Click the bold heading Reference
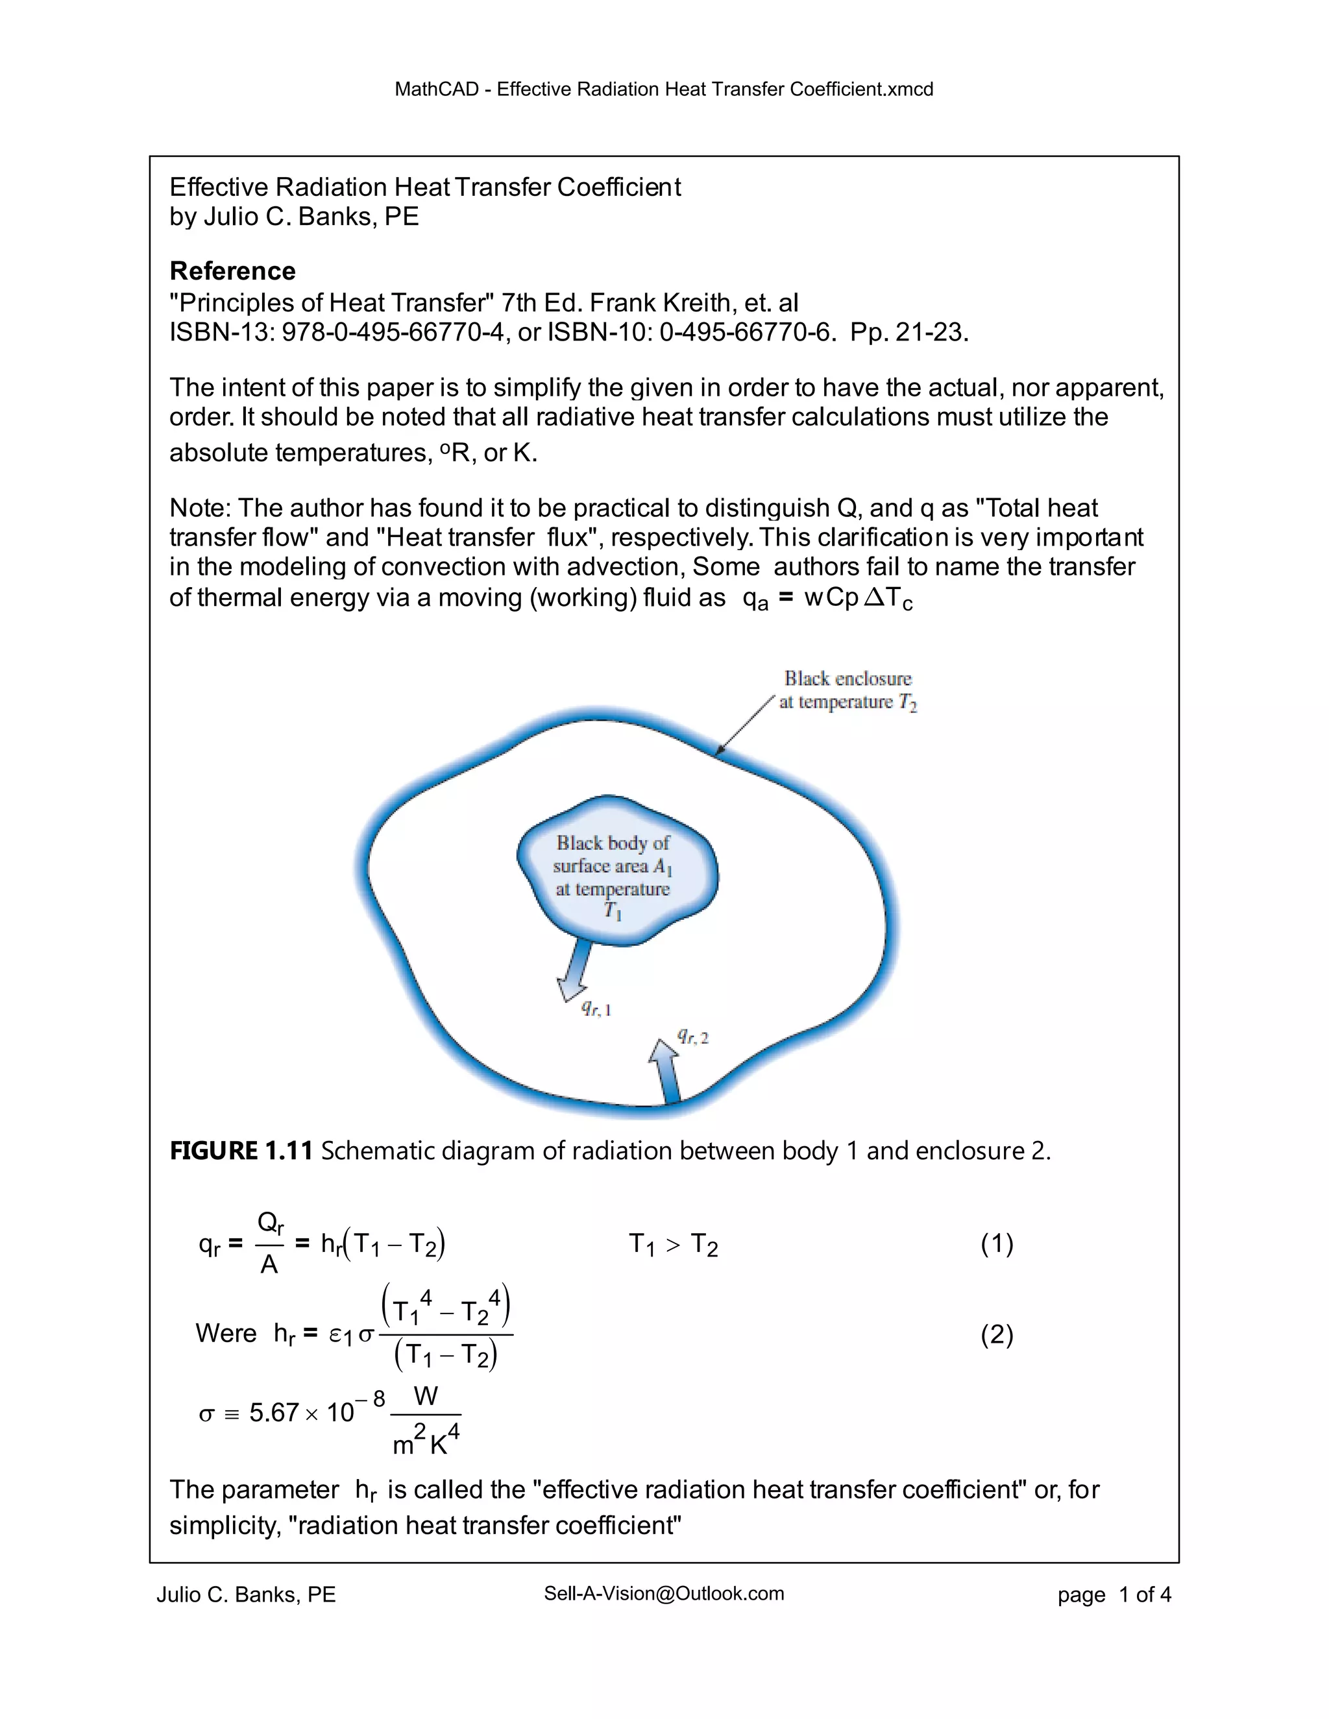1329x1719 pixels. pos(232,270)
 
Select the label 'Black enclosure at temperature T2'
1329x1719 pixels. pos(848,690)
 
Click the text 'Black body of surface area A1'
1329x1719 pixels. pos(613,855)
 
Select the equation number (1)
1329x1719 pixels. pos(997,1244)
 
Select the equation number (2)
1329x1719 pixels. pos(997,1334)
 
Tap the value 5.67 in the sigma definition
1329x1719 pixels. pos(273,1413)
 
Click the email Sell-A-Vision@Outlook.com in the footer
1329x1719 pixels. pos(664,1594)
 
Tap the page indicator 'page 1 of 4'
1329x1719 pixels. pos(1114,1596)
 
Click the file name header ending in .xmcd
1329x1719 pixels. pos(664,89)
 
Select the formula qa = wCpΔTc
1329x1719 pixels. pos(827,599)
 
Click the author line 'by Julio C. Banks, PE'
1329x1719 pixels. pos(294,217)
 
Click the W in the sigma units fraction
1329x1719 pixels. pos(425,1397)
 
